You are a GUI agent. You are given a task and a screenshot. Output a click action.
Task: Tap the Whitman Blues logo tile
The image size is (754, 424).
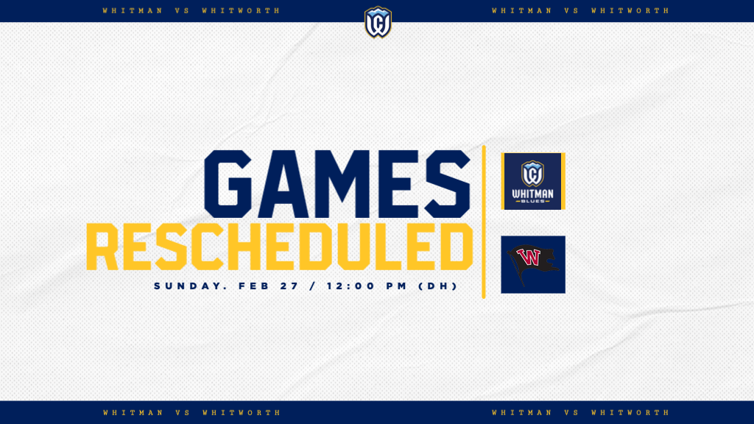coord(532,181)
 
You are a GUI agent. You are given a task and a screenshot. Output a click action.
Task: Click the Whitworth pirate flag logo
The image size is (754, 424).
coord(532,264)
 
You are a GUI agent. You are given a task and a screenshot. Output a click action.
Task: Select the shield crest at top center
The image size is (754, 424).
coord(378,22)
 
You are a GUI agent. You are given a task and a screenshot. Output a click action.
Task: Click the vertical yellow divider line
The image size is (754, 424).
coord(484,221)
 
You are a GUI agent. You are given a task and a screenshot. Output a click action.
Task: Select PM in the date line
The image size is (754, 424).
coord(395,286)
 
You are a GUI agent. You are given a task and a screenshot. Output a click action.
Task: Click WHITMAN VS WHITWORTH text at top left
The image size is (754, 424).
coord(191,11)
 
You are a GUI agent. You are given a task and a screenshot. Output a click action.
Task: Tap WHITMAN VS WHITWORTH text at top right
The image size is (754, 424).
coord(580,11)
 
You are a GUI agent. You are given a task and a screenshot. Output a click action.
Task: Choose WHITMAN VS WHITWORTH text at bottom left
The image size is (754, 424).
coord(191,413)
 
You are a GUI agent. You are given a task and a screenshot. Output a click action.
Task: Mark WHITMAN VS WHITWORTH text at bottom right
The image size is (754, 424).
coord(580,413)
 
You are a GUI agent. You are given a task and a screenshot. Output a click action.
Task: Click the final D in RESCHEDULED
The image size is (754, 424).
coord(456,247)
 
